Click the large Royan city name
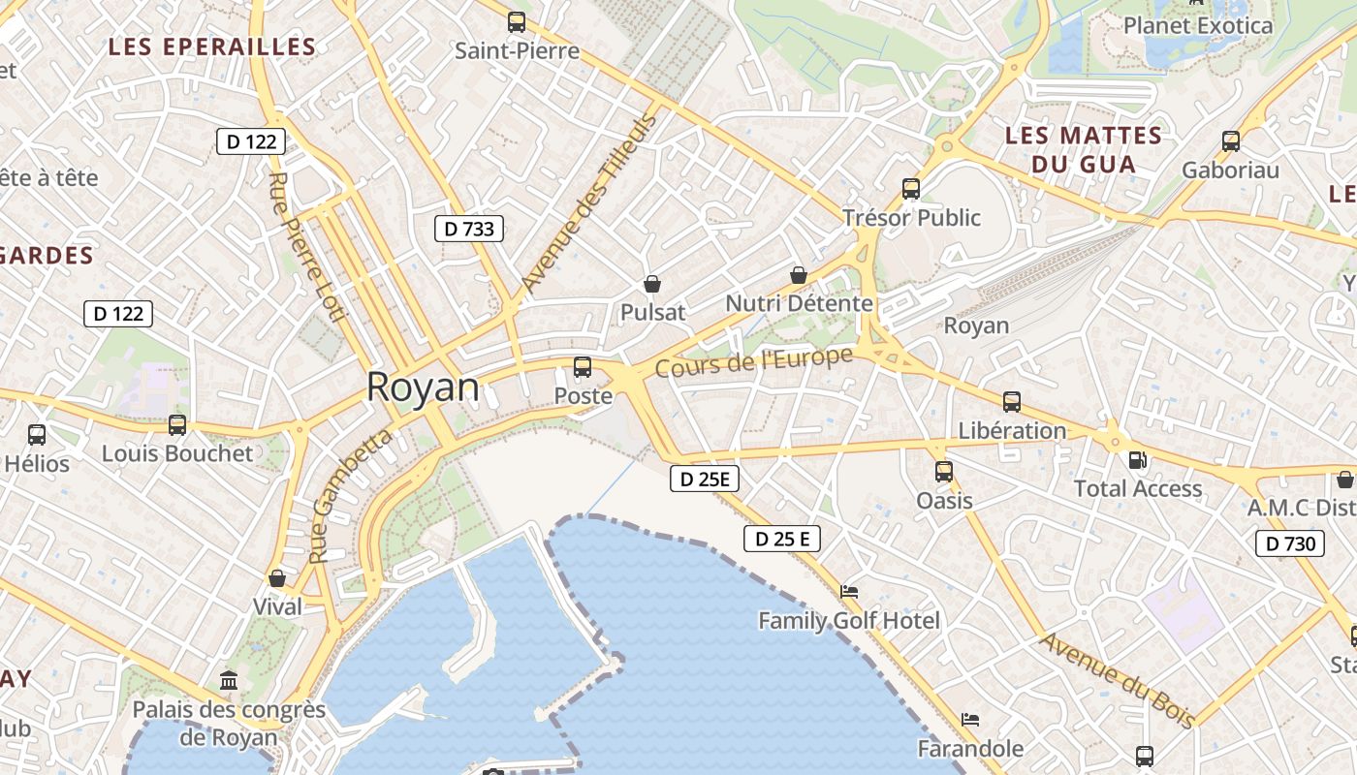(x=423, y=387)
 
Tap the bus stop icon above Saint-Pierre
(x=517, y=21)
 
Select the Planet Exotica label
(x=1197, y=25)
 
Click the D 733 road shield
(x=469, y=229)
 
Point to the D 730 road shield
(x=1291, y=543)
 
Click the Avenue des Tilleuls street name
(x=588, y=202)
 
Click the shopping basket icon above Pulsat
(x=652, y=284)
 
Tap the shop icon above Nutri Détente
(x=799, y=275)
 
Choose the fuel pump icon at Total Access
(x=1137, y=460)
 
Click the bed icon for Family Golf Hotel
(x=849, y=591)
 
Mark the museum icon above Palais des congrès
(x=229, y=680)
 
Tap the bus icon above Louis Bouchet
(x=177, y=424)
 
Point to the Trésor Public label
(x=911, y=217)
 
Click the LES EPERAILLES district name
(x=212, y=46)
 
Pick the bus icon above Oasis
(x=944, y=472)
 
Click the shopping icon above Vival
(x=277, y=578)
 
